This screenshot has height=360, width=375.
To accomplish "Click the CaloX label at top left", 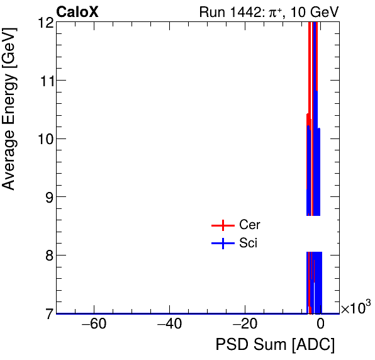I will (x=77, y=12).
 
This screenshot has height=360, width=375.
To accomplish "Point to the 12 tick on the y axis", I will (x=45, y=23).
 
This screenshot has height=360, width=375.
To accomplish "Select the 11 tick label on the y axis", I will (x=45, y=81).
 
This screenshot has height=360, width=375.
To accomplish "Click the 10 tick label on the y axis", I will (x=45, y=138).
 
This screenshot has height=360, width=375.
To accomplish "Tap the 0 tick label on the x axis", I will (x=320, y=325).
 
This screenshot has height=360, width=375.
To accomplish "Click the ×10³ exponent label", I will (x=355, y=308).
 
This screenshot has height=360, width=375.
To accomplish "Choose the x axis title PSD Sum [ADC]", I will (x=275, y=345).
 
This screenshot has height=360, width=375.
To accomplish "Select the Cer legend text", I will (x=250, y=225).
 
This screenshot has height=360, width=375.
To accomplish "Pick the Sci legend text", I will (x=249, y=244).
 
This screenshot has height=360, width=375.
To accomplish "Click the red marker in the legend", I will (x=222, y=225).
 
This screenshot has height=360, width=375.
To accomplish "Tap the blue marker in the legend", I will (x=222, y=244).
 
